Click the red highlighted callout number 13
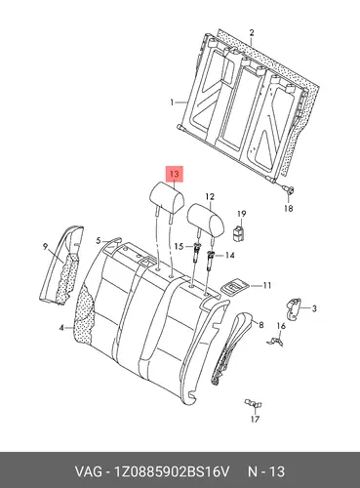coord(175,175)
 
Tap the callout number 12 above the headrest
coord(210,197)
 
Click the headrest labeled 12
coord(206,220)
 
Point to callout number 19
coord(242,214)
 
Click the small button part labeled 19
coord(239,233)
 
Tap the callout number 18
coord(289,208)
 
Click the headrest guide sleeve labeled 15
coord(197,252)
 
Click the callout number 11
coord(266,286)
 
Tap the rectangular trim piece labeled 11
coord(235,288)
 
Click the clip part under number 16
coord(275,341)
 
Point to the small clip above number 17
coord(254,404)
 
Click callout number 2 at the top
coord(252,33)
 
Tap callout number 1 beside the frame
coord(172,102)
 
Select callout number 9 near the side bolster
coord(45,247)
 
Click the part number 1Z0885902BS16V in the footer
coord(171,471)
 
